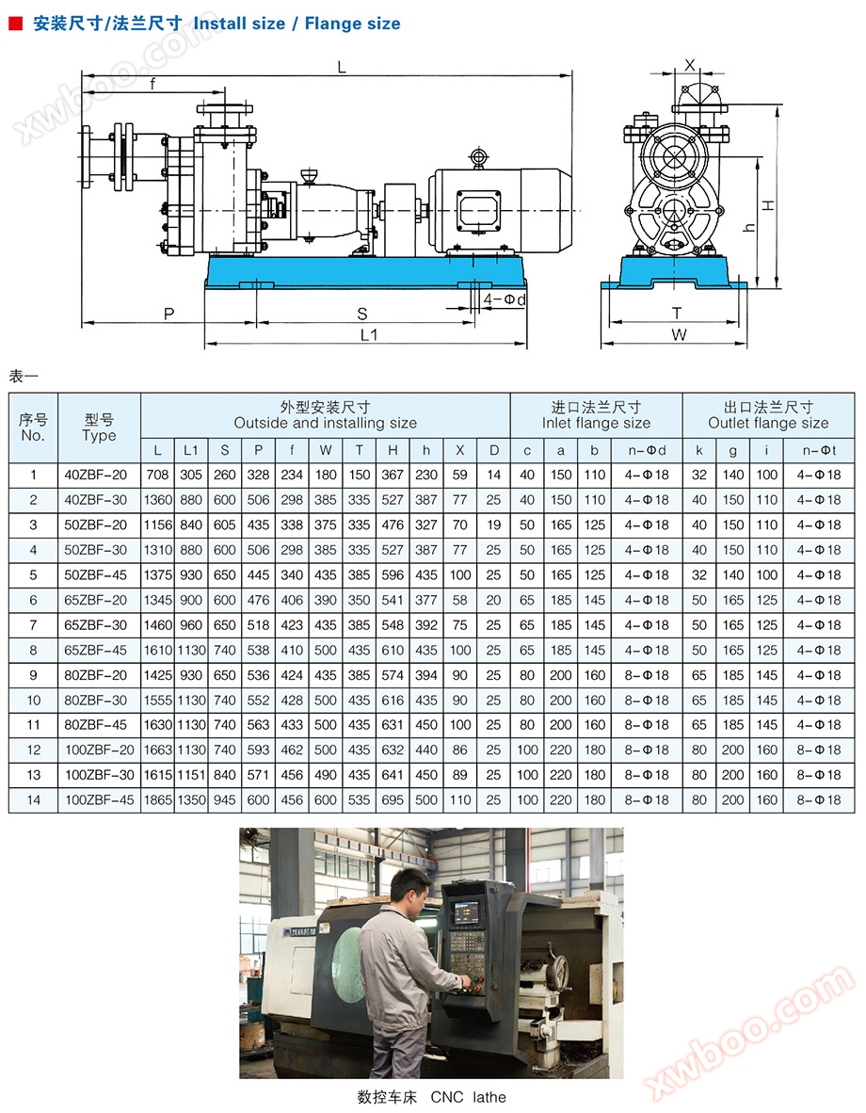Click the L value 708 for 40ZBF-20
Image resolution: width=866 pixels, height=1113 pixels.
pos(157,475)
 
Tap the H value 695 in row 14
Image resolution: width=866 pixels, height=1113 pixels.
pos(393,800)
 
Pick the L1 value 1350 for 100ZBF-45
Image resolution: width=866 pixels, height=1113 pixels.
pos(191,800)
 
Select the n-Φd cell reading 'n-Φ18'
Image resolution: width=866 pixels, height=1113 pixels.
pos(647,651)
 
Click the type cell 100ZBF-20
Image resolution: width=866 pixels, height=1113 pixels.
pos(100,750)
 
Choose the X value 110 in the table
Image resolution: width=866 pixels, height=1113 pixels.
pos(460,800)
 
